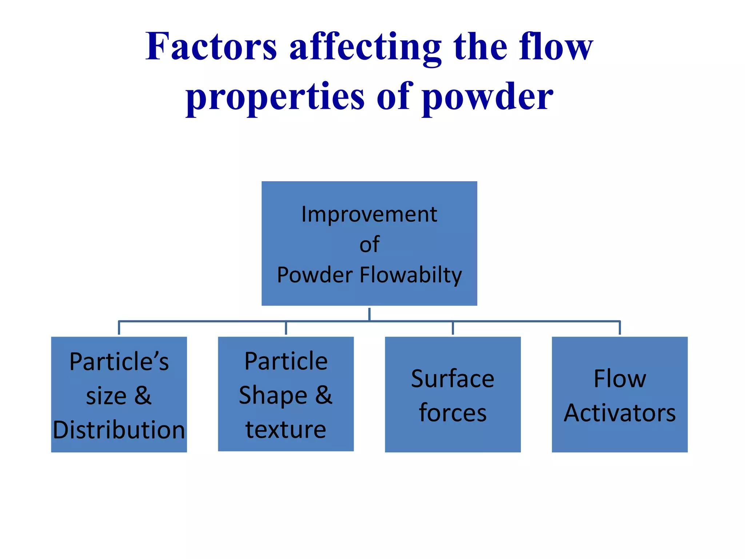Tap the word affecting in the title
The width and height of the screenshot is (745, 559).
[x=365, y=47]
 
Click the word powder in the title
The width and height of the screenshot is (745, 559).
[x=487, y=97]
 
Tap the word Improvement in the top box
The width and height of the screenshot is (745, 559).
[x=369, y=214]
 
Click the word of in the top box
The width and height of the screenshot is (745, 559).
[x=369, y=245]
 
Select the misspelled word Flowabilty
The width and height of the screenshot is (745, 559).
[x=411, y=275]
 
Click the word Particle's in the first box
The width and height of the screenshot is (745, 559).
[x=119, y=362]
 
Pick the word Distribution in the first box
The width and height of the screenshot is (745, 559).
[x=119, y=430]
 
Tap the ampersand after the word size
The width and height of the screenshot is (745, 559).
[x=143, y=396]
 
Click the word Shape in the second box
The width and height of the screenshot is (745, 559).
[x=273, y=396]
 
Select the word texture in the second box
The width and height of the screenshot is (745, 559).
[x=286, y=430]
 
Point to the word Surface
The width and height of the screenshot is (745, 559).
[x=453, y=379]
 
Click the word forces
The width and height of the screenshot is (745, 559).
[x=453, y=413]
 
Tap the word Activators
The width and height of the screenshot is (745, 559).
[x=619, y=413]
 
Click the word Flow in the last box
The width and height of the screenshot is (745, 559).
[x=619, y=379]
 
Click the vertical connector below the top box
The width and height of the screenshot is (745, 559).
[x=369, y=314]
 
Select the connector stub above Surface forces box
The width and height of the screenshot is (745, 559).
[x=453, y=328]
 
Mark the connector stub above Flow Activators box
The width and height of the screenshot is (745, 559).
[x=619, y=328]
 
